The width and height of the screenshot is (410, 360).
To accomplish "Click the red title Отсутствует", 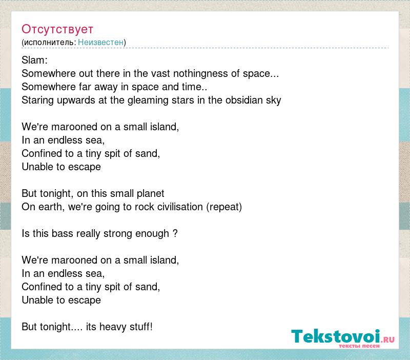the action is click(57, 29).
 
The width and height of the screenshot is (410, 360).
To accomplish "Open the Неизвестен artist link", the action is click(100, 42).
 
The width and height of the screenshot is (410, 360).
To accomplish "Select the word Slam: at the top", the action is click(34, 60).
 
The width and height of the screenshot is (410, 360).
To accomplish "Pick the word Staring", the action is click(37, 100).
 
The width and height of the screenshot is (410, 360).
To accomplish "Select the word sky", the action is click(274, 101).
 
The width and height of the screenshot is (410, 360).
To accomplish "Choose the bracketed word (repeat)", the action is click(224, 207).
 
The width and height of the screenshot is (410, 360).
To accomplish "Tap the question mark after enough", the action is click(175, 233).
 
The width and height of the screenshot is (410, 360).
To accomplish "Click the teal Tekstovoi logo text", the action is click(336, 336).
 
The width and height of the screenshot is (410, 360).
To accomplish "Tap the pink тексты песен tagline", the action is click(359, 346).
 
